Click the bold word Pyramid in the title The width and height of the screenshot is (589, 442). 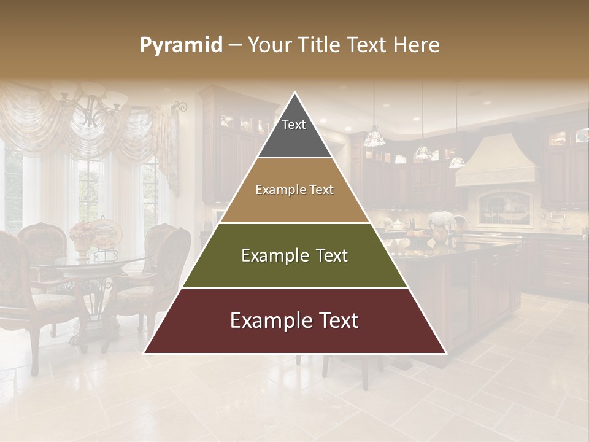click(x=181, y=45)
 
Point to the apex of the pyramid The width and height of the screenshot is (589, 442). click(x=294, y=93)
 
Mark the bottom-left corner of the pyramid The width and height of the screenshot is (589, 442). click(x=144, y=353)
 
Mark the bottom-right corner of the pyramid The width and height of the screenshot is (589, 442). click(x=446, y=353)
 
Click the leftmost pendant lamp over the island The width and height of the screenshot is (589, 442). click(x=374, y=139)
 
